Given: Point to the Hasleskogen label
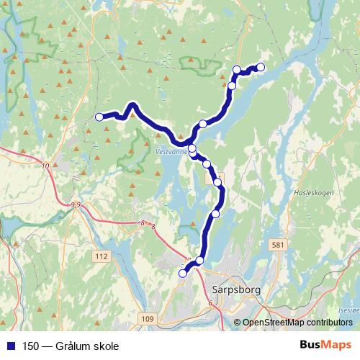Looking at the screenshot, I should click(315, 194).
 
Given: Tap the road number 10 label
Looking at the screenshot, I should click(46, 166).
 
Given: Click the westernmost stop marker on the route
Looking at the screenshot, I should click(99, 117).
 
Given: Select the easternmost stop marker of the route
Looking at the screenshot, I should click(261, 67).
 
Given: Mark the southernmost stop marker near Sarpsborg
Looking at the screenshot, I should click(183, 273).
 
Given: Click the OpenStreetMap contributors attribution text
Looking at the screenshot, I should click(297, 323).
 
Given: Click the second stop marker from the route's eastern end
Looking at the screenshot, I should click(237, 69).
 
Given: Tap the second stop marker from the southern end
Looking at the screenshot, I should click(200, 261).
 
